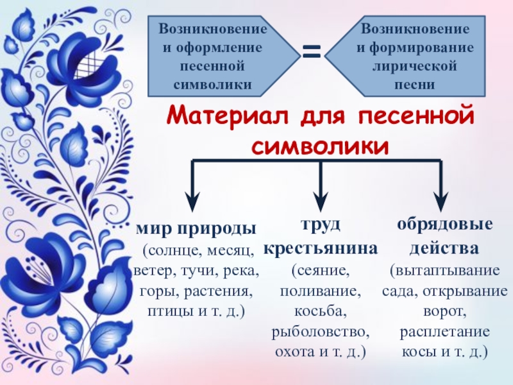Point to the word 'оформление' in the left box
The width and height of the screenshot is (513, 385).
click(221, 47)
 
